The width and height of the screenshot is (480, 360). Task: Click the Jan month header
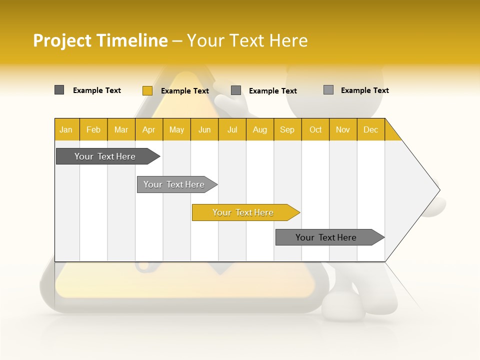click(66, 129)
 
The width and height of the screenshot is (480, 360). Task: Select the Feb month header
click(93, 129)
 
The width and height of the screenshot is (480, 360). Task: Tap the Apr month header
click(149, 129)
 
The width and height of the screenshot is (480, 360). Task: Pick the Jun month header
click(204, 129)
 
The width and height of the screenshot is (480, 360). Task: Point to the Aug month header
click(260, 129)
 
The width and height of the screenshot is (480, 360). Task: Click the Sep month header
click(287, 129)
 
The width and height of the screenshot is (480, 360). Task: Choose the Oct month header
click(315, 129)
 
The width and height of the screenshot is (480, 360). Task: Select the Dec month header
click(371, 129)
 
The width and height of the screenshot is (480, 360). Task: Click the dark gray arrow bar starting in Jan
click(105, 156)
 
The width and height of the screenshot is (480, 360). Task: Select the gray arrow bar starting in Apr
click(174, 184)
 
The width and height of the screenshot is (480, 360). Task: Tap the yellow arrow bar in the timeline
click(243, 212)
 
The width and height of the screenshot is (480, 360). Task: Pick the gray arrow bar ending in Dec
click(326, 237)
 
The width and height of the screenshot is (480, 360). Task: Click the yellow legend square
click(147, 90)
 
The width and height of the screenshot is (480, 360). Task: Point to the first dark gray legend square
click(59, 90)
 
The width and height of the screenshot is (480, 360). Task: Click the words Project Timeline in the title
click(100, 40)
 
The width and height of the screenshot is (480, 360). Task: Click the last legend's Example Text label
click(364, 90)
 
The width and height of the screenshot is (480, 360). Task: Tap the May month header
click(176, 129)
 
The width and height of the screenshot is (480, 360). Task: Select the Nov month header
click(343, 129)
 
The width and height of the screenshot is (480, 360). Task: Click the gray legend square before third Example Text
click(236, 90)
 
